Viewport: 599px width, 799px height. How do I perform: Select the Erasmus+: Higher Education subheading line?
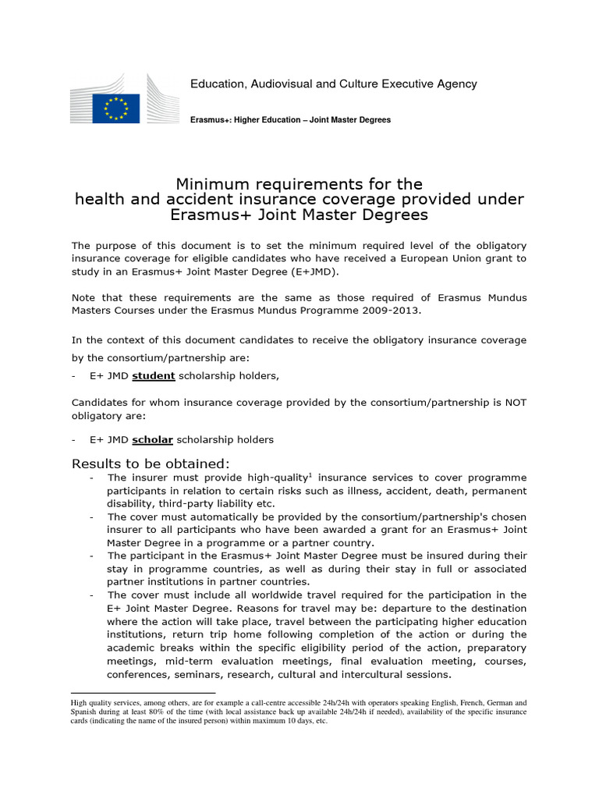[x=290, y=120]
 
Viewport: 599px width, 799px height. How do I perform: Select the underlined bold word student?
[x=153, y=376]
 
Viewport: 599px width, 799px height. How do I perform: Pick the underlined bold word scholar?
[x=152, y=439]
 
